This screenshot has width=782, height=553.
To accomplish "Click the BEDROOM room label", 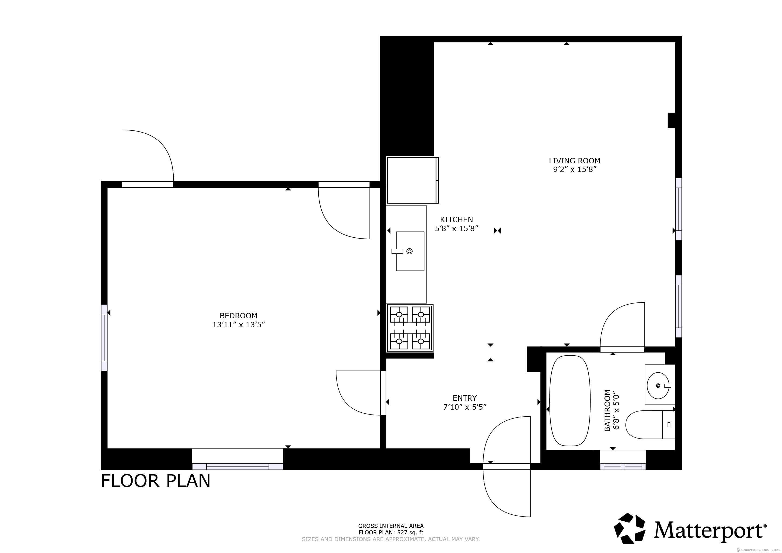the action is [238, 316].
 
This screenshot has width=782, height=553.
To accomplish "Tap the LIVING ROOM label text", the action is [575, 161].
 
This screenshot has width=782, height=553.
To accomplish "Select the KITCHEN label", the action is [456, 220].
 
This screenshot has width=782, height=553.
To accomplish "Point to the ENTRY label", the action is [464, 398].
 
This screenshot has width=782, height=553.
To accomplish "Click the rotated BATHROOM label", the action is [607, 411].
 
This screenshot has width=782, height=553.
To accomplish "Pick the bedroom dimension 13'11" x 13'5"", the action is [238, 325].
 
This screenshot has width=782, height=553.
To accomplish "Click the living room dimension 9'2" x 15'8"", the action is [575, 170].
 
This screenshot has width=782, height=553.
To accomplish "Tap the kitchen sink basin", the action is [410, 251].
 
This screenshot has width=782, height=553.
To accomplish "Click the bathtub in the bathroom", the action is [569, 401].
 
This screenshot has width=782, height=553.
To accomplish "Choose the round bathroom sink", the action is [658, 386].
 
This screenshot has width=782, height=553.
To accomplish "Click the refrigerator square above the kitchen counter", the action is [412, 180].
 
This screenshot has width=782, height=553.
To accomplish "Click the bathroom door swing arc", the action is [613, 313].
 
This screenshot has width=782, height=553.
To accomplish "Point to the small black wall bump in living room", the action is [671, 120].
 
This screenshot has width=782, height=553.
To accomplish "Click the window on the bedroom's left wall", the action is [104, 338].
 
